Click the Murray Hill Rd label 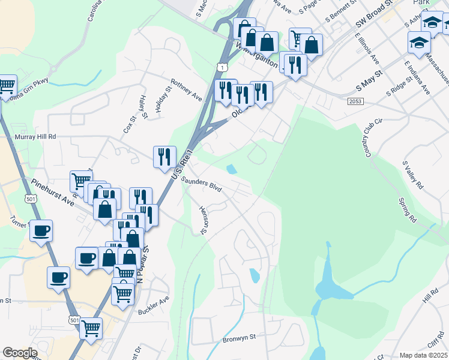(x=35, y=137)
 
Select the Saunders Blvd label (x=201, y=184)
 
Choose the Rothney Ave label (x=186, y=88)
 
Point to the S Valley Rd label (x=413, y=175)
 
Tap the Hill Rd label (x=430, y=295)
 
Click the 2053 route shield (x=355, y=102)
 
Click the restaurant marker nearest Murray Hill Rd (x=164, y=157)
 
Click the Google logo (x=20, y=353)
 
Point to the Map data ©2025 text (x=423, y=355)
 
